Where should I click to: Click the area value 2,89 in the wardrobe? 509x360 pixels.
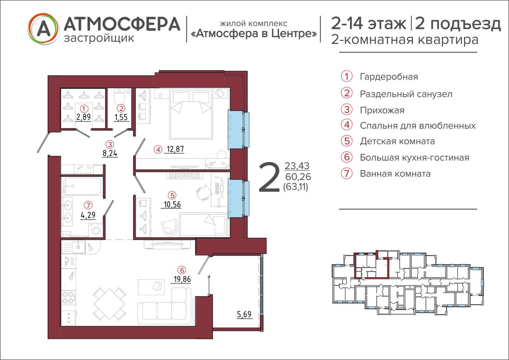coord(83,117)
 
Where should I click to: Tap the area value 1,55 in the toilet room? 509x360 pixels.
coord(121,117)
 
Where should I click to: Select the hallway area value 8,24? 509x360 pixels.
coord(110,153)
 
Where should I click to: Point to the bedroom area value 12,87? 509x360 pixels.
coord(176,149)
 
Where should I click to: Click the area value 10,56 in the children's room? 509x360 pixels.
coord(172,204)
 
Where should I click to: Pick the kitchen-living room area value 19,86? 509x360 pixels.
coord(182,279)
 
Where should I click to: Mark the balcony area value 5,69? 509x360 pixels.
coord(244,314)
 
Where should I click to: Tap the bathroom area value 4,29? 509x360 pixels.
coord(88,215)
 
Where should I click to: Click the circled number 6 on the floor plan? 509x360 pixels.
coord(182,270)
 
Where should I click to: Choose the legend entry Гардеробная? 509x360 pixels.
coord(389,77)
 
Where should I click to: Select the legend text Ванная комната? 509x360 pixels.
coord(395,174)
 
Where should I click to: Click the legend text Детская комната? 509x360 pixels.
coord(397,142)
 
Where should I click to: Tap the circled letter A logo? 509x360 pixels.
coord(44,28)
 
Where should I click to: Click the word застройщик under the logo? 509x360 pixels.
coord(99,38)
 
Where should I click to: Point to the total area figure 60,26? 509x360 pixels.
coord(298,176)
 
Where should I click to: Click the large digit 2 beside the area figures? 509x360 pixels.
coord(269,178)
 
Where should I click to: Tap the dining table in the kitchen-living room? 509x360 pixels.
coord(109,303)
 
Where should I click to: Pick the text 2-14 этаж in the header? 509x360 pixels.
coord(369,24)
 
